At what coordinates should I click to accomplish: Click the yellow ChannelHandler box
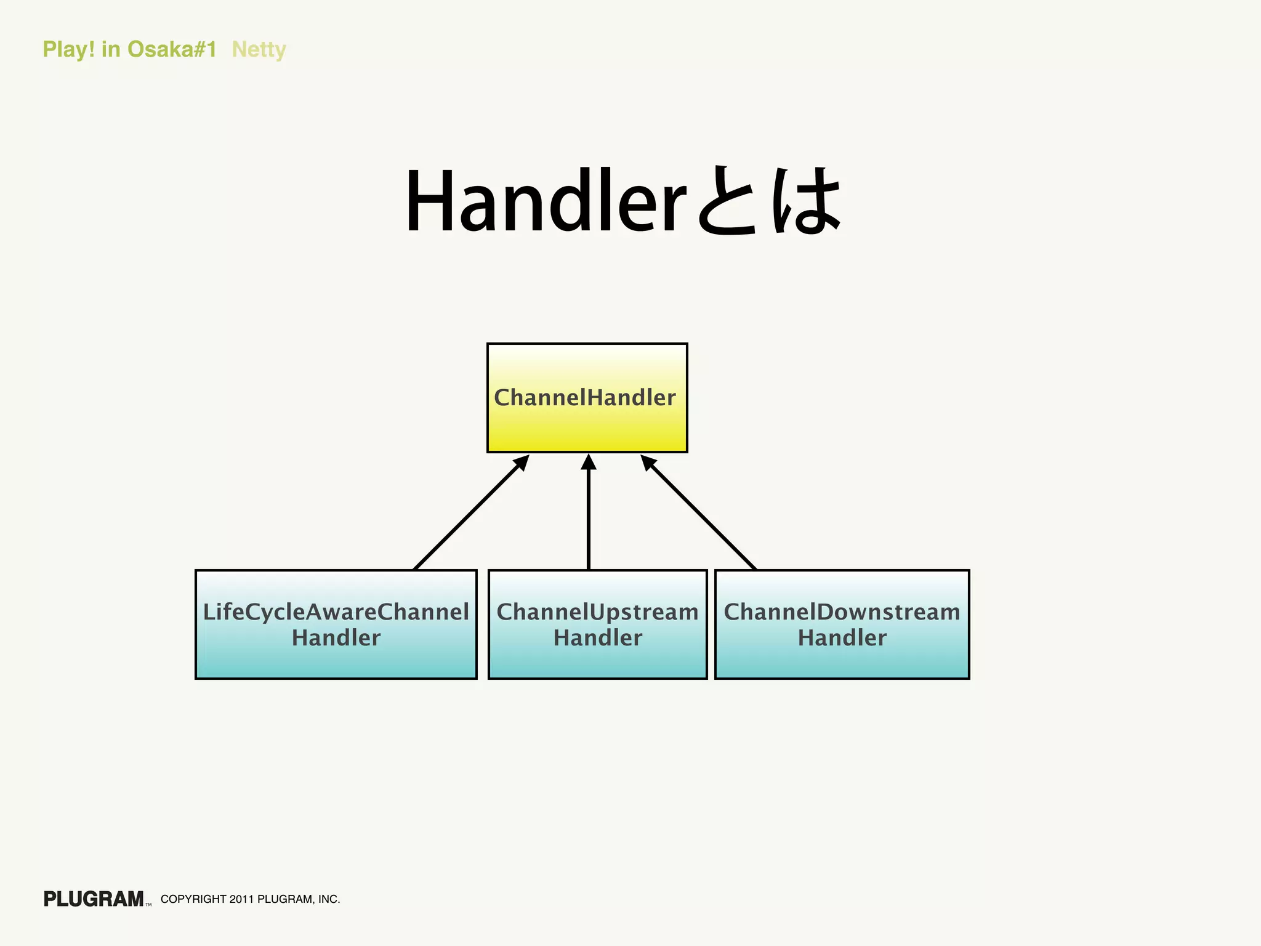(587, 398)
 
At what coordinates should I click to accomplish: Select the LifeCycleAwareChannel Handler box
(336, 624)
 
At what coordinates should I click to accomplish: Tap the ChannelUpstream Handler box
(597, 624)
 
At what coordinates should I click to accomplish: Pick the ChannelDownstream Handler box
(842, 624)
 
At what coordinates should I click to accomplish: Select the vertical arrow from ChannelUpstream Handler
(589, 517)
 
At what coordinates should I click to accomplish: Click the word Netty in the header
(259, 49)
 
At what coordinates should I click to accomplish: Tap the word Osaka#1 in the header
(172, 49)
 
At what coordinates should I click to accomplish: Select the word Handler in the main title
(545, 201)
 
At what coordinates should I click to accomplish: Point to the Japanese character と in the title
(727, 201)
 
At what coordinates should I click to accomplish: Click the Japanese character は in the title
(807, 201)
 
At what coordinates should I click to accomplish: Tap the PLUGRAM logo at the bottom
(94, 899)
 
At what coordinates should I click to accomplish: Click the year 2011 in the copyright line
(241, 899)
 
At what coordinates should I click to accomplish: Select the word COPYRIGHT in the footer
(193, 899)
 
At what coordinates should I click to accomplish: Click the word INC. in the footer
(329, 899)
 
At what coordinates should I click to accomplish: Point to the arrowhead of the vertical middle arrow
(589, 462)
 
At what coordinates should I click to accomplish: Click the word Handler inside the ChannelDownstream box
(842, 638)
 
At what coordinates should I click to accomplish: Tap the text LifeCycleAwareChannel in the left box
(336, 612)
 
